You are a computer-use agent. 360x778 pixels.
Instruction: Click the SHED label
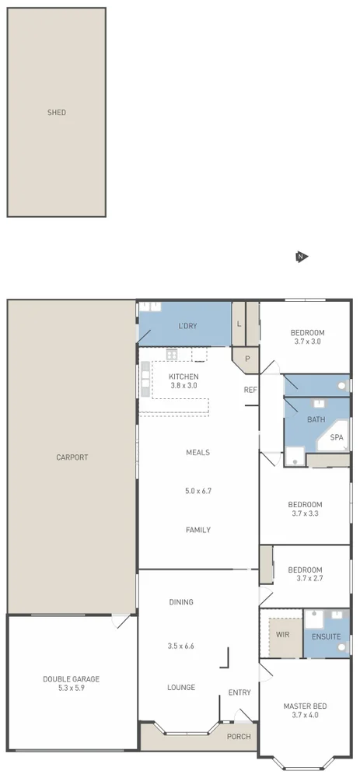(x=56, y=113)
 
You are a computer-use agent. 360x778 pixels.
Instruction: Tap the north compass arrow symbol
(x=302, y=257)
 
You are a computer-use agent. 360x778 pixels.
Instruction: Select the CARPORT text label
(x=72, y=457)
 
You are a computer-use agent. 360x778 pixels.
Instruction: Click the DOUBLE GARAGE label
(x=71, y=679)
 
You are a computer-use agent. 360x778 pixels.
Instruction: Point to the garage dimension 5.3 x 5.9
(x=71, y=689)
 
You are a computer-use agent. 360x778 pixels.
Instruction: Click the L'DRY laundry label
(x=187, y=326)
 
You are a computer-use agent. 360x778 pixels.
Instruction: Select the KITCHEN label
(x=183, y=377)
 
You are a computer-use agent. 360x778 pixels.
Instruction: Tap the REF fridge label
(x=250, y=390)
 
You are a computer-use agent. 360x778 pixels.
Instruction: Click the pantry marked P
(x=248, y=359)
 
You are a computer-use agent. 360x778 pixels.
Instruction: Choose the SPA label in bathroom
(x=336, y=438)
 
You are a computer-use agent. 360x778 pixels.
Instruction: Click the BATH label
(x=316, y=419)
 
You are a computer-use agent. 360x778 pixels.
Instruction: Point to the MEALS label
(x=197, y=452)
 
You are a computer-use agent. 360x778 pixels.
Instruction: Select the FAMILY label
(x=197, y=530)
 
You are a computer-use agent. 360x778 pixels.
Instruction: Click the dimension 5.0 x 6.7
(x=197, y=491)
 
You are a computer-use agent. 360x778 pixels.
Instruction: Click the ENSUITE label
(x=326, y=636)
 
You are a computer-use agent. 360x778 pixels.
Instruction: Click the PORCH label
(x=238, y=736)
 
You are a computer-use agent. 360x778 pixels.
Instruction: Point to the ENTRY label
(x=239, y=692)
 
